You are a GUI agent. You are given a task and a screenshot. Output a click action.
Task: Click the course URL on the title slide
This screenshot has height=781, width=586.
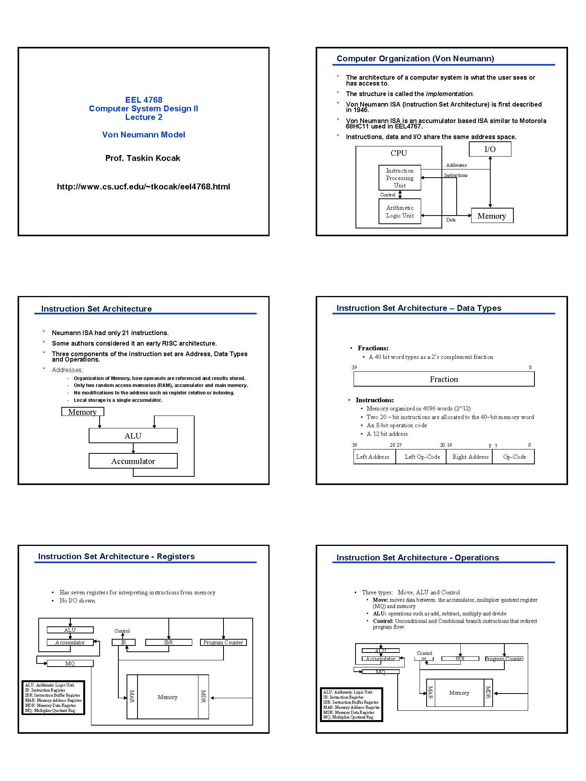143,187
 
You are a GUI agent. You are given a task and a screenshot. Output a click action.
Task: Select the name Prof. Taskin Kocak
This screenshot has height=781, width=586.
143,158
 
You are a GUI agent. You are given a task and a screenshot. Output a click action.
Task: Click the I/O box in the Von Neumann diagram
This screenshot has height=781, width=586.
490,149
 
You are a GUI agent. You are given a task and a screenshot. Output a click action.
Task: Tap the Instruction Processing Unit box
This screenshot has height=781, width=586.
400,178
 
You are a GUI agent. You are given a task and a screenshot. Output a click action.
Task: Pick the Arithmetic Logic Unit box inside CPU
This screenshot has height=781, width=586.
400,212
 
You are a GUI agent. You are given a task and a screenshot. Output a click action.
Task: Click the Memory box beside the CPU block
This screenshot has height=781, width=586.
492,216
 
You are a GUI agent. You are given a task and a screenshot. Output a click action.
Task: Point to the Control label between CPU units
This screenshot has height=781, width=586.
388,195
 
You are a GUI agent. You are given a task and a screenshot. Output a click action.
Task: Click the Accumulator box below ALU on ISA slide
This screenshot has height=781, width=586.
133,461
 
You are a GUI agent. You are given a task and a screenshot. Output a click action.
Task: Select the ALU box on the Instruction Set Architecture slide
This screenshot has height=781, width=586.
133,436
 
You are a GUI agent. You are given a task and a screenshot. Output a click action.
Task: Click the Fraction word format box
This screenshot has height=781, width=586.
444,379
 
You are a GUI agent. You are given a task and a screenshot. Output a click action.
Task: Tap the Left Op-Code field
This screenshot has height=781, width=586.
422,457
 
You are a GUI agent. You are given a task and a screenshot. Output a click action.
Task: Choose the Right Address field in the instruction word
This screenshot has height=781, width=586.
470,457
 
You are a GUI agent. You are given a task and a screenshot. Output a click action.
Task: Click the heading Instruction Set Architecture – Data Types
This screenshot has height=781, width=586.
419,308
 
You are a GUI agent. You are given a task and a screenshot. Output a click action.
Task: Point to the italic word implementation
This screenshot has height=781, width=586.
449,94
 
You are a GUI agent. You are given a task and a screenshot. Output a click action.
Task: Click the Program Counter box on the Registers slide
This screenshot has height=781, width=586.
223,642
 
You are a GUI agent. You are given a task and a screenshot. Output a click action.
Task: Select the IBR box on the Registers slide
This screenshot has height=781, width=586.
168,642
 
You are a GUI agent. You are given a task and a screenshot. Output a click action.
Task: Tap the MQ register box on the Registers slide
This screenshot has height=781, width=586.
70,663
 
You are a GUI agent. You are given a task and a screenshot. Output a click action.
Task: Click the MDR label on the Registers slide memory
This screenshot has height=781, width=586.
203,697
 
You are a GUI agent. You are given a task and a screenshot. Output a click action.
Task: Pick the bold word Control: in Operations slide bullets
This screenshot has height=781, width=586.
383,621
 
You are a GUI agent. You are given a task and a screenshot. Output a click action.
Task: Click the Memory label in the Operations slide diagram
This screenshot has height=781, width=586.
459,693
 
